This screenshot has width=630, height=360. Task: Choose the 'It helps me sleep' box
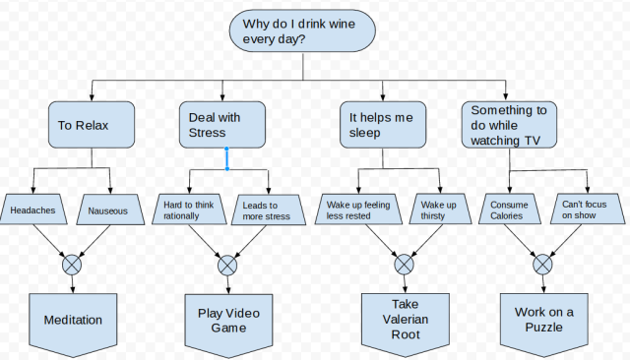click(384, 126)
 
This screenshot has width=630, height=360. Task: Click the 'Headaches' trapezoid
click(33, 210)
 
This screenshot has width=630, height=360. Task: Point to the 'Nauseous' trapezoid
click(108, 210)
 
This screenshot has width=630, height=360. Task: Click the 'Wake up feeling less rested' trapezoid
click(358, 210)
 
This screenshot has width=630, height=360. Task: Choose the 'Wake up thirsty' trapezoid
click(439, 210)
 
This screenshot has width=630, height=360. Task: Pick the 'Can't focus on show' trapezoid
click(586, 210)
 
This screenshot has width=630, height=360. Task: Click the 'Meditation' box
click(73, 322)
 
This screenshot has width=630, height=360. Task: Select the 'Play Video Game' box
click(228, 321)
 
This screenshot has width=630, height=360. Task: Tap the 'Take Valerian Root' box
click(405, 321)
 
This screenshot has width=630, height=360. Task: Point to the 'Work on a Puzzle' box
click(543, 321)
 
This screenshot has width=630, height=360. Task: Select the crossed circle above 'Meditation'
click(72, 265)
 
